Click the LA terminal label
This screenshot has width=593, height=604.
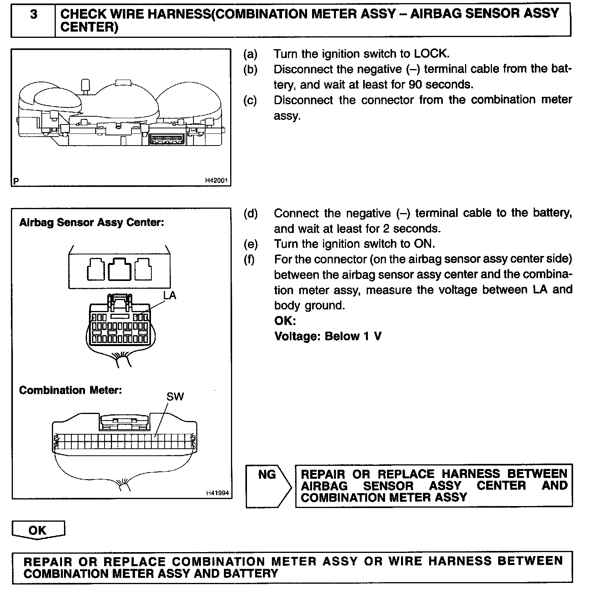click(170, 295)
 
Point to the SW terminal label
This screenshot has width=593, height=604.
click(175, 397)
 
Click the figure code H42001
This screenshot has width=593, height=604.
click(216, 181)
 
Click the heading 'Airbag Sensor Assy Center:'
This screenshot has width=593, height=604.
click(91, 223)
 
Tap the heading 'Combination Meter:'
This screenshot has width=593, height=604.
click(70, 390)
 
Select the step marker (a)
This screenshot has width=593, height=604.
click(250, 54)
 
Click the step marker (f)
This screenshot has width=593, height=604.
click(249, 259)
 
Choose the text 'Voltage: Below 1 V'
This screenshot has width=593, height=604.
click(328, 336)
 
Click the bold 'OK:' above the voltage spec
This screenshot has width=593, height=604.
click(285, 321)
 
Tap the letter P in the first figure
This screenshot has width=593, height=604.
click(16, 181)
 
